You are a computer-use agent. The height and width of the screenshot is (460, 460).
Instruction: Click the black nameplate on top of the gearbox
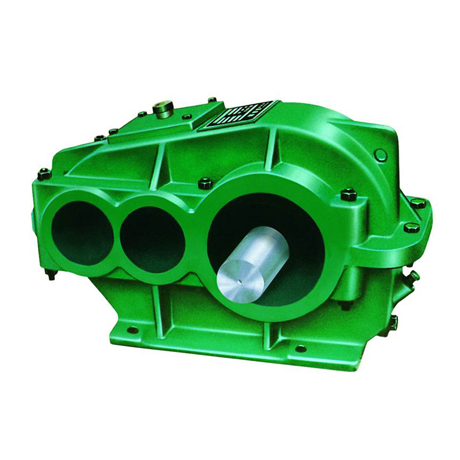[236, 116]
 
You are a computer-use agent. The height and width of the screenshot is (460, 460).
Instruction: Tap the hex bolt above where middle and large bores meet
[205, 183]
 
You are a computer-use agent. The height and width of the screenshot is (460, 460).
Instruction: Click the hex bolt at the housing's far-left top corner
[44, 172]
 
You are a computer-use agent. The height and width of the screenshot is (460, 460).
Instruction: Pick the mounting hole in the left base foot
[133, 330]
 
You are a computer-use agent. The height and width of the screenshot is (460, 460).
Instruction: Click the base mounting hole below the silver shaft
[300, 348]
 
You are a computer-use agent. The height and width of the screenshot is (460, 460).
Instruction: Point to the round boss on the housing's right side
[380, 155]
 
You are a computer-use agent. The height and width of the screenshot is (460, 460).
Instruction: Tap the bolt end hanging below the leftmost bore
[51, 274]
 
